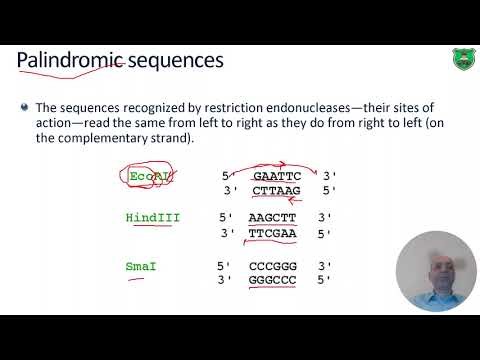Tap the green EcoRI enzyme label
coord(148,178)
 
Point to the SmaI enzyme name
coord(143,267)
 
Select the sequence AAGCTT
coord(273,217)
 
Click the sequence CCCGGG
coord(273,267)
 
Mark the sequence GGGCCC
coord(273,281)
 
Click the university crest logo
coord(458,61)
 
